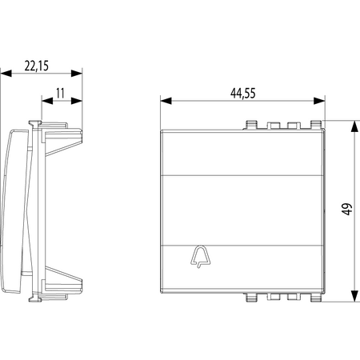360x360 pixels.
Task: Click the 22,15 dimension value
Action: point(37,66)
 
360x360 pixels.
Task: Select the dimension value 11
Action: point(60,93)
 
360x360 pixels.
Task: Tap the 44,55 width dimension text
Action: point(243,94)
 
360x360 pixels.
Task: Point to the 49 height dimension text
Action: point(347,209)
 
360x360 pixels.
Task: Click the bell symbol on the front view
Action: point(200,256)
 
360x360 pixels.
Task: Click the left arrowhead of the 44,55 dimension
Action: point(166,101)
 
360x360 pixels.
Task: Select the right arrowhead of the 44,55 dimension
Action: point(319,101)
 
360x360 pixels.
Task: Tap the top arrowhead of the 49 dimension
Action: point(354,126)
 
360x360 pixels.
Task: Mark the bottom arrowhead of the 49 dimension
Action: point(354,296)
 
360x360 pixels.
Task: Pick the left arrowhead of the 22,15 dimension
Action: point(6,73)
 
